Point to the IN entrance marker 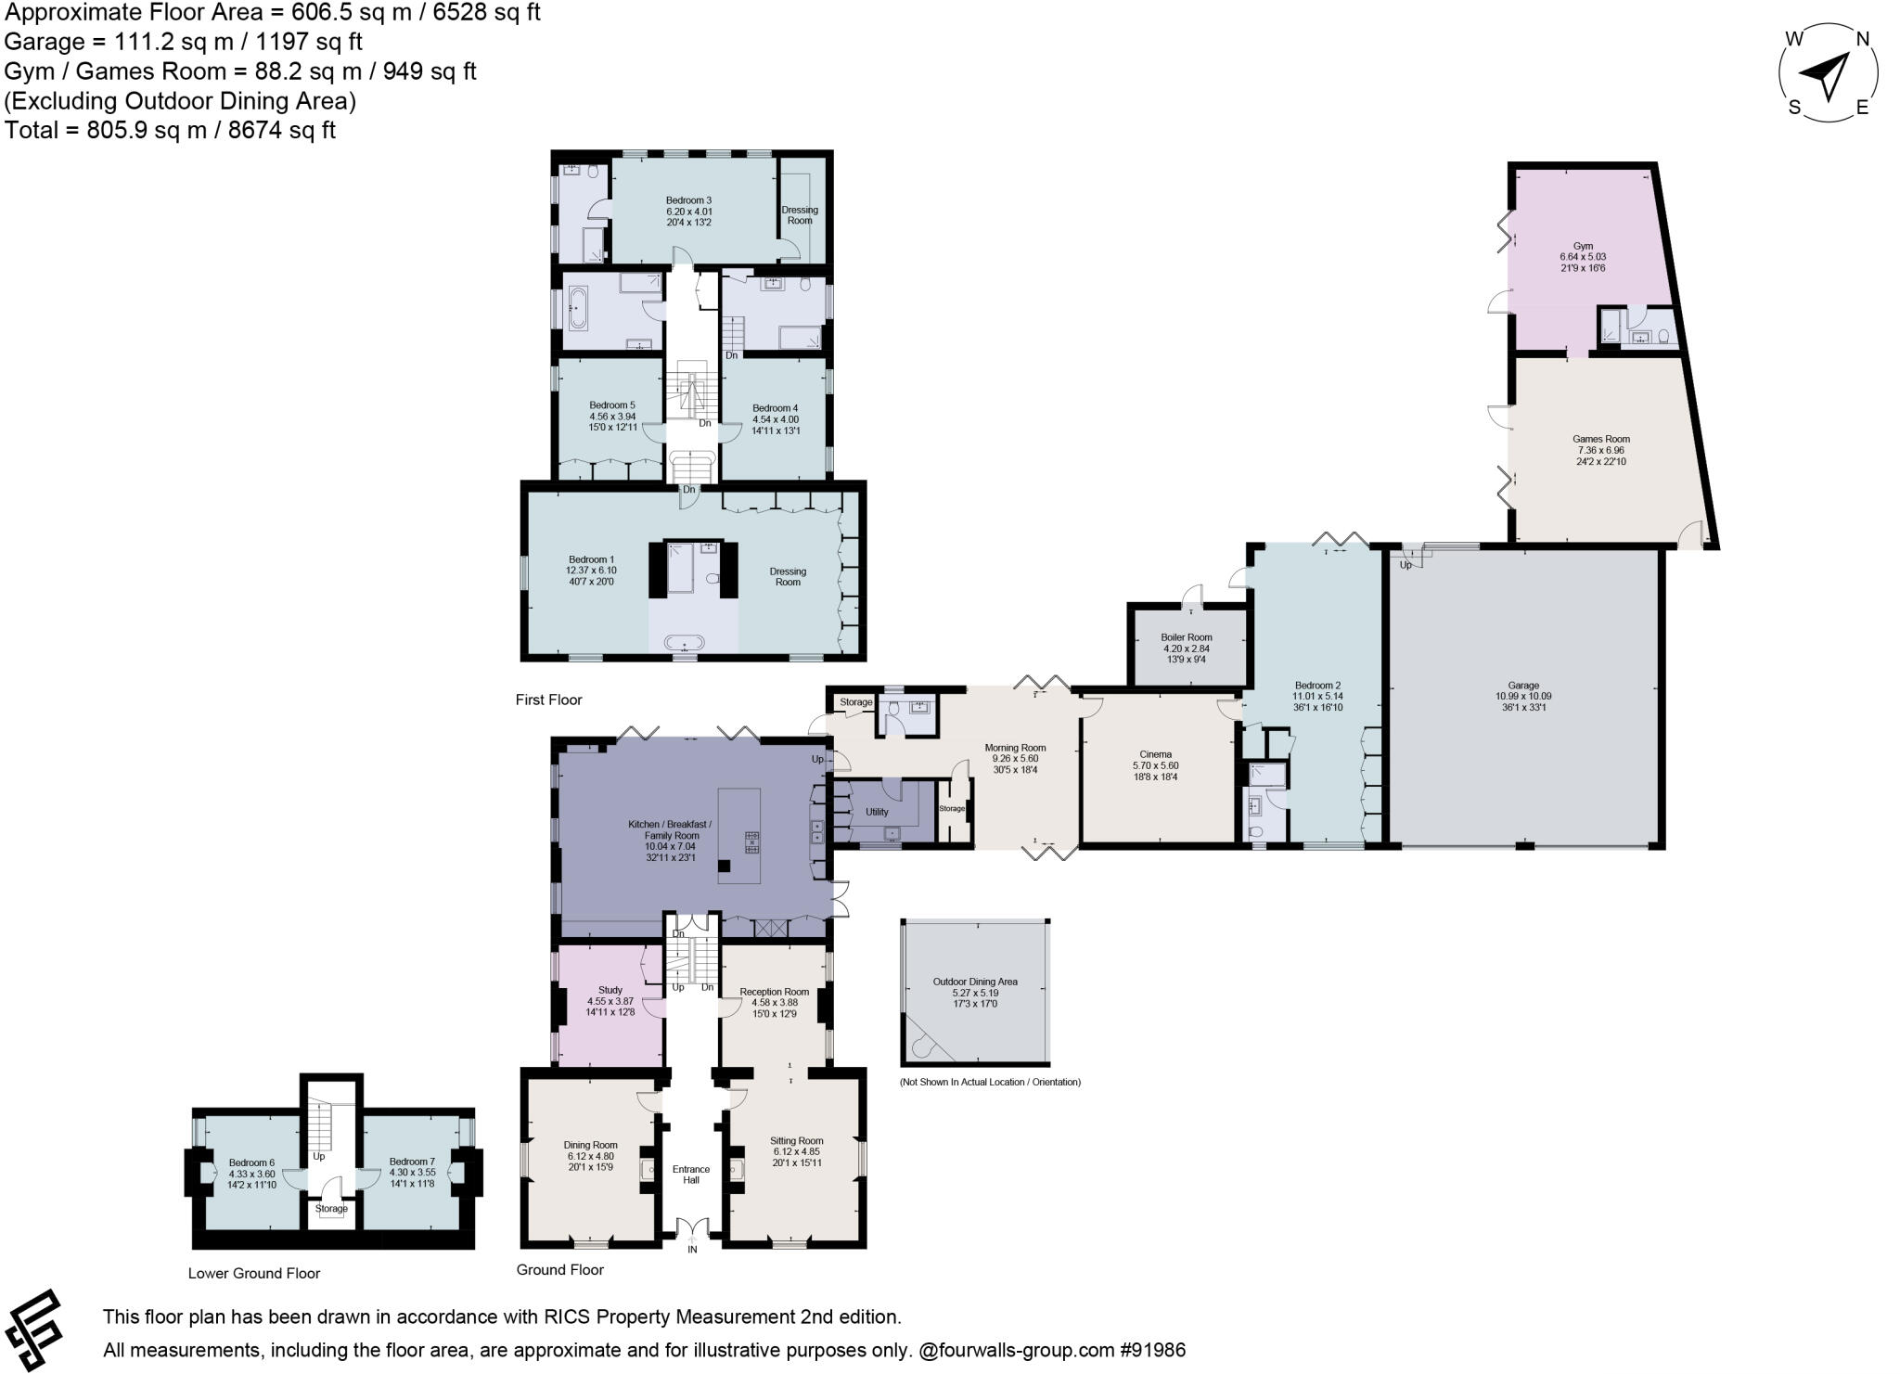pos(691,1250)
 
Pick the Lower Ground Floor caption pos(253,1273)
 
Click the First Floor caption pos(548,700)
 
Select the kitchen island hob pos(751,842)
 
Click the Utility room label pos(876,812)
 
